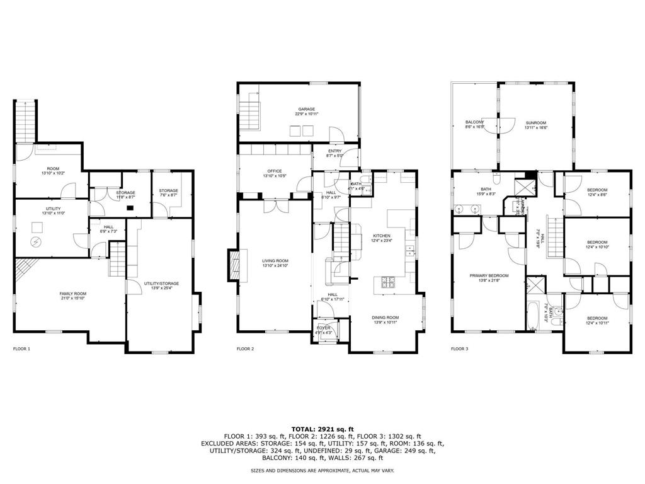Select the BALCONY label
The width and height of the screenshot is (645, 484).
(475, 124)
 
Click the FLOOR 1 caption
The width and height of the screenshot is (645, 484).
(21, 349)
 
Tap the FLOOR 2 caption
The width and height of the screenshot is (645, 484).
(245, 349)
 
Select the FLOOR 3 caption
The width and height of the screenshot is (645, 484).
(460, 349)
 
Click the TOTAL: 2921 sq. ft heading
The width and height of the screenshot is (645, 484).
(322, 429)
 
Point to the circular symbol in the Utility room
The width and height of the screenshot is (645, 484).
(36, 242)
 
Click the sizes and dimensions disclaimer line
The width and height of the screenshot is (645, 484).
(322, 471)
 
